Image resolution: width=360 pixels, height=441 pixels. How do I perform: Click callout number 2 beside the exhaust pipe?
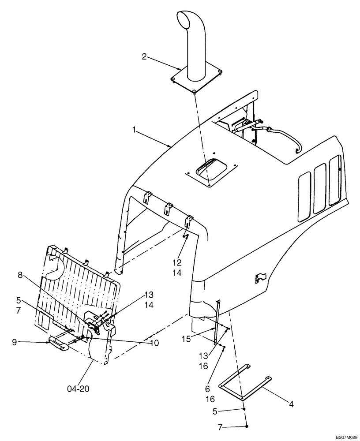(144, 56)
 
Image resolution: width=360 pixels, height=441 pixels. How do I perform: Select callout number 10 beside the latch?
(154, 342)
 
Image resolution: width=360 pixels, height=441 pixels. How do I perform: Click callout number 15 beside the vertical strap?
(187, 338)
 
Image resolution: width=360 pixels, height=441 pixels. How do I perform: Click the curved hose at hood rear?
(285, 136)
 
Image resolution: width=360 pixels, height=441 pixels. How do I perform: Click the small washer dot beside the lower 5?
(244, 409)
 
